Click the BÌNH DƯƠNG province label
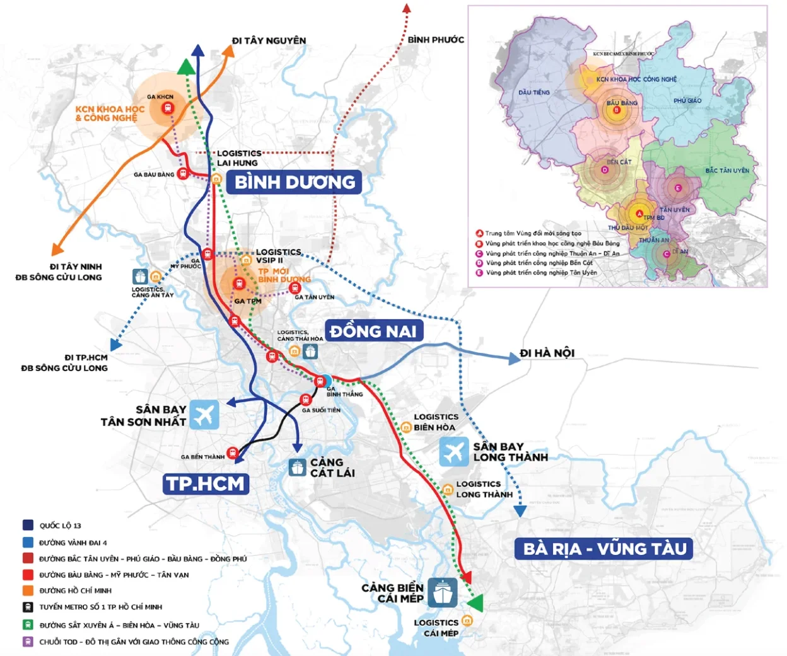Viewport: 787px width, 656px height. [294, 182]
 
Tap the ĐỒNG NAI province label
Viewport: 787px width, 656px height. [373, 331]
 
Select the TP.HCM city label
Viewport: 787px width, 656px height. [204, 484]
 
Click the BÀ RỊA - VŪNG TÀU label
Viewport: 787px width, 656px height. [604, 549]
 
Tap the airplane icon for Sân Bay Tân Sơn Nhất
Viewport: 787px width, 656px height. [204, 415]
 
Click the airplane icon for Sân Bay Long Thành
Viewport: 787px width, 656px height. [454, 452]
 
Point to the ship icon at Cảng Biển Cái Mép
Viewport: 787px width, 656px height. [442, 592]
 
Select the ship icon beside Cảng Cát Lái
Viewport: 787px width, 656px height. [297, 467]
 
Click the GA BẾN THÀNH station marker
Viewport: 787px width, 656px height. [233, 452]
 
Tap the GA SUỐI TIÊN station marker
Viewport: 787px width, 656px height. [306, 400]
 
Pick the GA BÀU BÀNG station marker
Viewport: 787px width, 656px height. [183, 173]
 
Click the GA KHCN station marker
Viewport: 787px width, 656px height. [168, 108]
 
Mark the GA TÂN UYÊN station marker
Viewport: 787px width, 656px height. [294, 288]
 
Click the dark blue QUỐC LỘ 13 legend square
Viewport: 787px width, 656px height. [28, 526]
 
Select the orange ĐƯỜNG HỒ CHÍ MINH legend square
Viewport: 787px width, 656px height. [28, 590]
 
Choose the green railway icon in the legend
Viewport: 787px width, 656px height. [28, 625]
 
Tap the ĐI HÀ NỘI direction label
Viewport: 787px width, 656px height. [547, 354]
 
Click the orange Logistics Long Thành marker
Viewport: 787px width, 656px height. [447, 489]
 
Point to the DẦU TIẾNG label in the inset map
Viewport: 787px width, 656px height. [533, 93]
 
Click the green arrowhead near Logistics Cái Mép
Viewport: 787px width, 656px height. [476, 603]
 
